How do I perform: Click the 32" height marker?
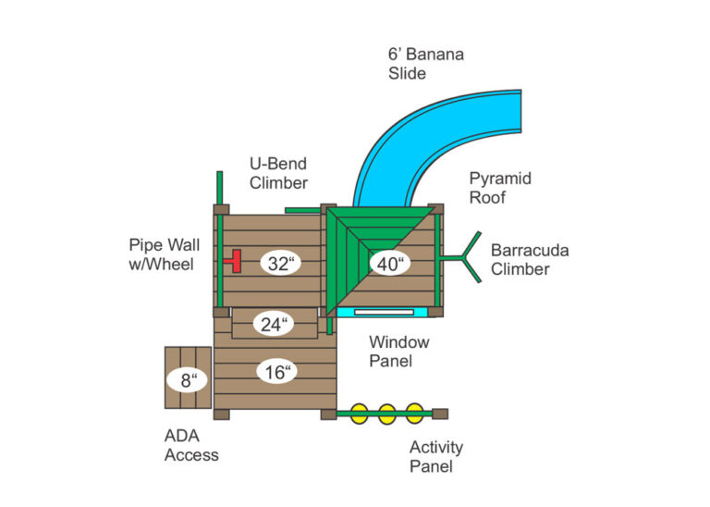tap(279, 263)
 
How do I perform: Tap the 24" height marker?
tap(274, 325)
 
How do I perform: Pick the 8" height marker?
tap(188, 378)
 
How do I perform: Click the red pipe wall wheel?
tap(237, 261)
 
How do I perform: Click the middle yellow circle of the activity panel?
tap(386, 414)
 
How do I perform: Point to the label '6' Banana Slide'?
tap(425, 63)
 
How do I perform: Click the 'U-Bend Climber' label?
tap(278, 173)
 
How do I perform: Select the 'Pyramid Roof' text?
tap(500, 187)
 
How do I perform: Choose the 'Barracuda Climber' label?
tap(530, 259)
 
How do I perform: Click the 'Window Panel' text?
tap(398, 351)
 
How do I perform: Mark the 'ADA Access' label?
tap(191, 445)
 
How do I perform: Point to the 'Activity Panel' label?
tap(436, 457)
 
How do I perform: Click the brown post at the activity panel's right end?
tap(440, 414)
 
